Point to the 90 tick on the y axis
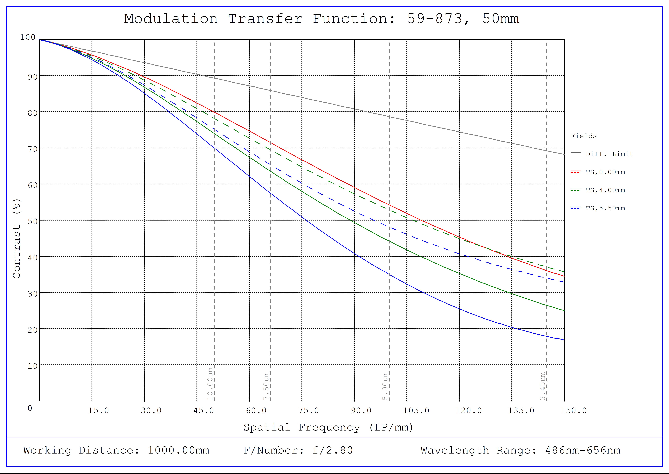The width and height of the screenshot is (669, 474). click(33, 77)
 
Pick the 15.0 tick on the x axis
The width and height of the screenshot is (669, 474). click(99, 411)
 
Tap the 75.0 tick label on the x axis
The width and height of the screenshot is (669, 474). click(309, 411)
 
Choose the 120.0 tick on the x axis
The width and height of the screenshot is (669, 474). click(469, 411)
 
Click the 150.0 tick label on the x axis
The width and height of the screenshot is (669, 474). click(573, 411)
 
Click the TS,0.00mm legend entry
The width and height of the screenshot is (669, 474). click(605, 172)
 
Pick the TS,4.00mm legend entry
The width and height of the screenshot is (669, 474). click(605, 190)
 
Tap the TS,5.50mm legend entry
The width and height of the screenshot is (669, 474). click(605, 208)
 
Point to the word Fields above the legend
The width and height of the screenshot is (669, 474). click(584, 136)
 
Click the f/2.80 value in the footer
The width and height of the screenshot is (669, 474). click(332, 450)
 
